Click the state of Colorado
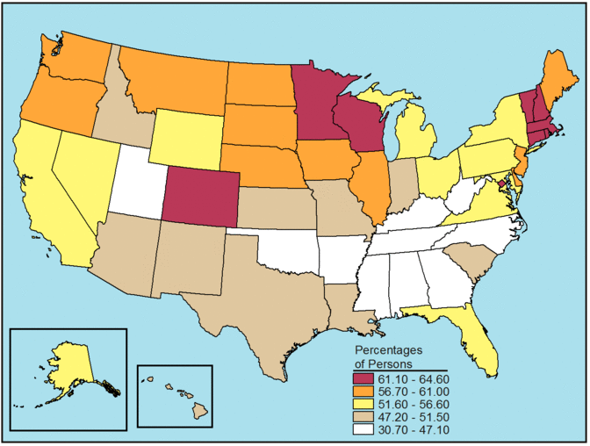(x=201, y=197)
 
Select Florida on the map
(x=480, y=342)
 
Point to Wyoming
(x=186, y=136)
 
